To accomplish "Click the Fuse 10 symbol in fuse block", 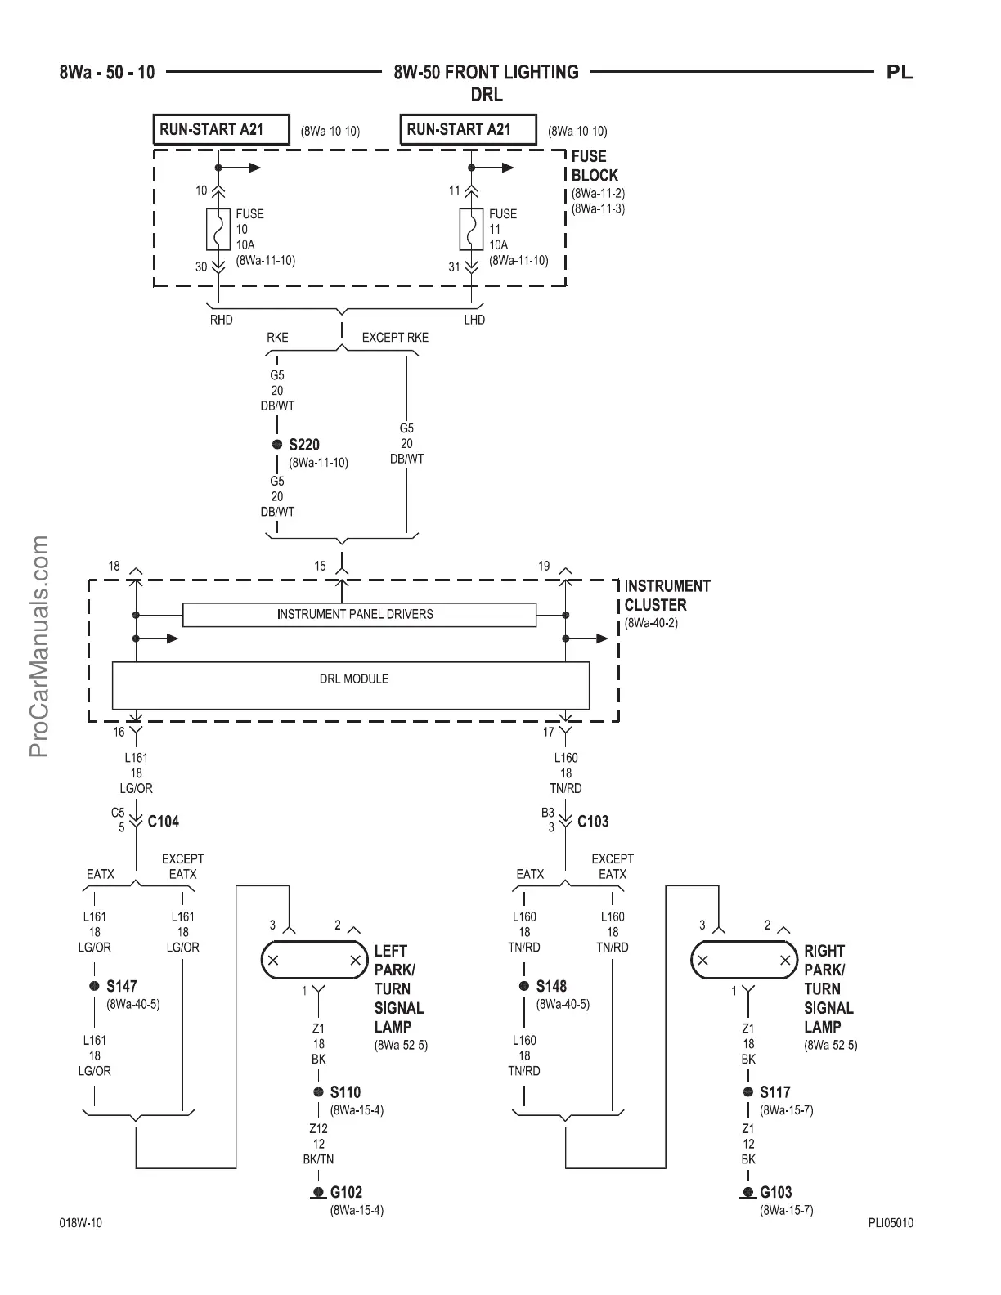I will click(x=218, y=229).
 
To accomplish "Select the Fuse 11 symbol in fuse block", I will click(x=471, y=229).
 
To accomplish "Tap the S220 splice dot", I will click(x=277, y=445).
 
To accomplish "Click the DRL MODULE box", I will click(x=350, y=685).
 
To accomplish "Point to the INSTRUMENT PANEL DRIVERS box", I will click(x=359, y=615).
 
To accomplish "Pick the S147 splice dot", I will click(x=95, y=987).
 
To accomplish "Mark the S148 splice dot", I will click(x=524, y=987).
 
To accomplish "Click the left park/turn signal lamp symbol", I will click(x=314, y=960).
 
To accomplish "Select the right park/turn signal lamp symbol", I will click(x=744, y=960).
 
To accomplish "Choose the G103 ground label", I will click(x=776, y=1193).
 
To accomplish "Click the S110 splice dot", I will click(x=319, y=1092).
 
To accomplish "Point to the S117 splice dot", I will click(x=748, y=1092).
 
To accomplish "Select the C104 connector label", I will click(x=163, y=822).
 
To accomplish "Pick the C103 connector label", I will click(x=593, y=822).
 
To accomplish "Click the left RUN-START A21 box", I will click(x=221, y=130).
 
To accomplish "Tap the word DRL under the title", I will click(x=486, y=95).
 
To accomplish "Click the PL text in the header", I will click(x=900, y=73).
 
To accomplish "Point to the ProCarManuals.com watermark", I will click(x=39, y=646).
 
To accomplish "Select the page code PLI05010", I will click(x=891, y=1223).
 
